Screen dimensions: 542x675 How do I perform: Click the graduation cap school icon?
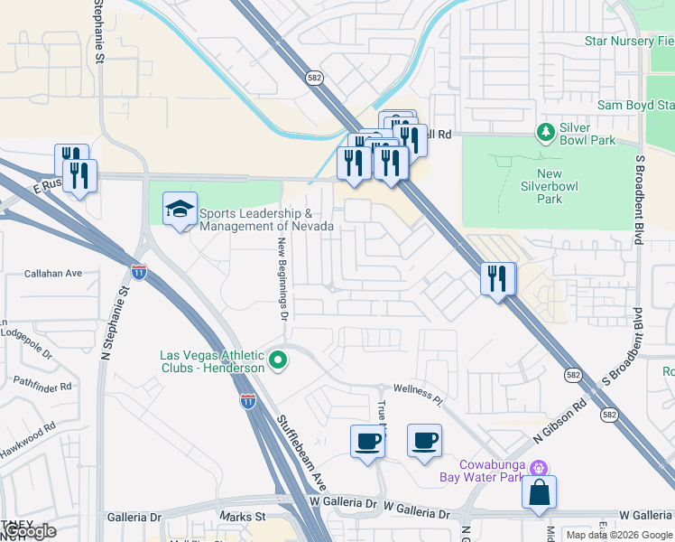click(x=180, y=210)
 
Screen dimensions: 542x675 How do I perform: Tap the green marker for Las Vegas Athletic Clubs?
click(x=279, y=362)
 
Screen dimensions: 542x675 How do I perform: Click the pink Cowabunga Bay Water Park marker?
click(x=540, y=468)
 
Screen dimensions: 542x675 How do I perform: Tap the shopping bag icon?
click(x=540, y=493)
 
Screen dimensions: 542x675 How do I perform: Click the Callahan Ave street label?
click(x=53, y=273)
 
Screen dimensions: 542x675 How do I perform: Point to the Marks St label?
click(x=242, y=516)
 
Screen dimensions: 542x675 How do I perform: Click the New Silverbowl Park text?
click(x=562, y=186)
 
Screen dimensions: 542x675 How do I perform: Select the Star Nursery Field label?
click(x=629, y=42)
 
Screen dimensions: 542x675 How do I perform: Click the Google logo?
click(x=30, y=531)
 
